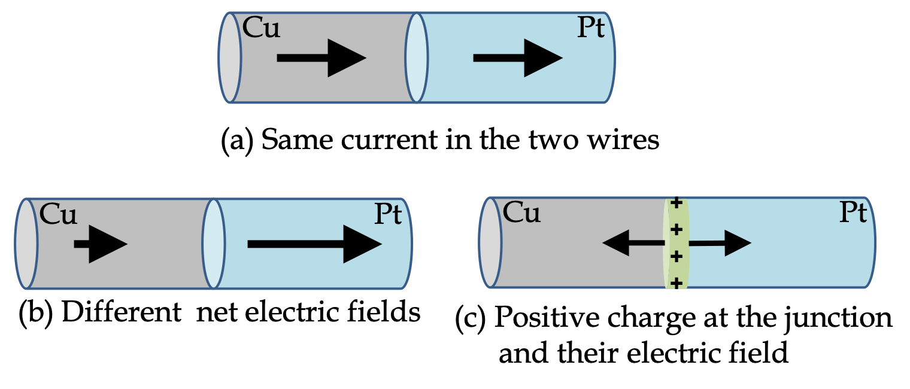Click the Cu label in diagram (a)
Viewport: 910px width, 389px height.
pos(262,29)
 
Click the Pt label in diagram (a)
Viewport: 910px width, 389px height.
pos(590,29)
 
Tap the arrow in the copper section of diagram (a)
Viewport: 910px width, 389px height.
pos(321,59)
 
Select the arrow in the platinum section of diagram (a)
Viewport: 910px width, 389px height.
pos(517,59)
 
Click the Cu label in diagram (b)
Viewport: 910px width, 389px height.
pos(59,214)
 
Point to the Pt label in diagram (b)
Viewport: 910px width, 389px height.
pos(387,215)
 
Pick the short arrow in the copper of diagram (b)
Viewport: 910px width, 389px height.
pos(100,244)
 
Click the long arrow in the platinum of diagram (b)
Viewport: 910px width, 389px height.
pos(314,244)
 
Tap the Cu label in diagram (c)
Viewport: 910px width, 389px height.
pos(522,212)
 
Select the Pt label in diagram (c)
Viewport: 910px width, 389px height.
pos(852,213)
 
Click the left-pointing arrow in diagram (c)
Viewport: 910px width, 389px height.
pos(634,243)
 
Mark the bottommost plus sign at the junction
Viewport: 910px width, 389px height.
pos(677,282)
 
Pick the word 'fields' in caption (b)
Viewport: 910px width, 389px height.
pos(387,312)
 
